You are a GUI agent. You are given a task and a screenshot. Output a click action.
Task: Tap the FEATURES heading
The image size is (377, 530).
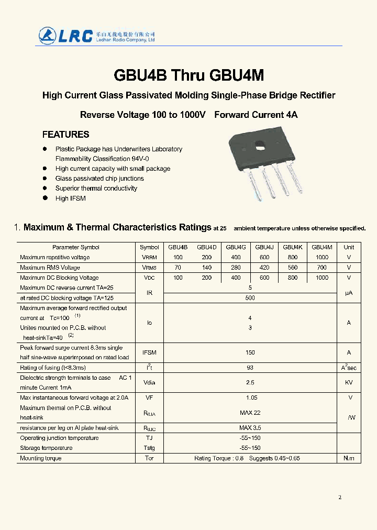point(65,135)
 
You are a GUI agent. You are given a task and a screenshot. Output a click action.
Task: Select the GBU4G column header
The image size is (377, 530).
point(236,247)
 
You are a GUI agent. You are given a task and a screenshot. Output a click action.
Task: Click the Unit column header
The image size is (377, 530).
point(349,247)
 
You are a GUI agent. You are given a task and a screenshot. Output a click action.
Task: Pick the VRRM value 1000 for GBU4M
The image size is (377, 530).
point(321,257)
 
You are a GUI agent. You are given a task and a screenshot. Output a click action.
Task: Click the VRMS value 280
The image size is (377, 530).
point(236,268)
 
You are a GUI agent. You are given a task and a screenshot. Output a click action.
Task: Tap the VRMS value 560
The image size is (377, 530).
point(292,268)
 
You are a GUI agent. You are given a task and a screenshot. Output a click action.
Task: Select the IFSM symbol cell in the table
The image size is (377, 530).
point(149,353)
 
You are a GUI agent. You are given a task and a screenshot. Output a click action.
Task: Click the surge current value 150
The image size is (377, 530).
point(250,353)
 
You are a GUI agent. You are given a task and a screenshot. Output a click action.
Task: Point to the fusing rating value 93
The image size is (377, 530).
point(250,368)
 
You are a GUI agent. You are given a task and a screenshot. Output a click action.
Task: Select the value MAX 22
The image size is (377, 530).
point(250,413)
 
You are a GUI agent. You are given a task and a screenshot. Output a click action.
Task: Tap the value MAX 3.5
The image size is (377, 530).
point(250,428)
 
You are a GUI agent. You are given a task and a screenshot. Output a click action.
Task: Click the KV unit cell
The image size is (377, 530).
point(349,383)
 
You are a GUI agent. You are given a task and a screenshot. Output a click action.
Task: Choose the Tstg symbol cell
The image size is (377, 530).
point(149,448)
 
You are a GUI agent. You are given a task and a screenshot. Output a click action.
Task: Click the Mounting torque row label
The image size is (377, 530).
point(41,458)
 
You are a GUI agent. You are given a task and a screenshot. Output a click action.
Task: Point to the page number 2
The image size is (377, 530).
point(340,497)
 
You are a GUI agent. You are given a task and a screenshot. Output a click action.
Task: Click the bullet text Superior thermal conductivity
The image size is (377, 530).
point(96,189)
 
